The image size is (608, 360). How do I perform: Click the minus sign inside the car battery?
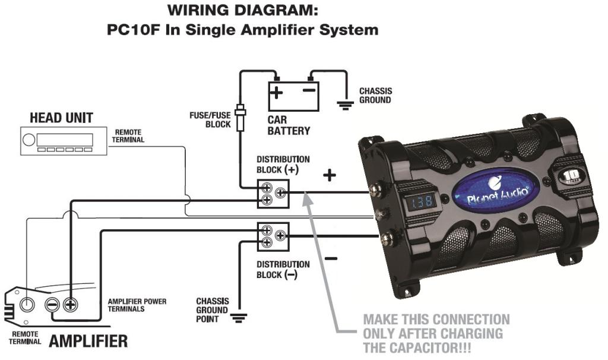pos(309,91)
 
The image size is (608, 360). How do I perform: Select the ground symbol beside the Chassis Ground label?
pos(345,105)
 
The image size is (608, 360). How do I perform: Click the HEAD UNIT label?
pos(61,118)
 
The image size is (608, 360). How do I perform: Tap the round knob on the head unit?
pos(28,141)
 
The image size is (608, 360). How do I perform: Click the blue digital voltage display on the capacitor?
pos(420,202)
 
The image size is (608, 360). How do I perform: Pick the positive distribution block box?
pos(273,193)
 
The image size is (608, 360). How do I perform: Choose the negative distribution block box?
pos(273,236)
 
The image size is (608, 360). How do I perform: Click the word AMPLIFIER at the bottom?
pos(88,342)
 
